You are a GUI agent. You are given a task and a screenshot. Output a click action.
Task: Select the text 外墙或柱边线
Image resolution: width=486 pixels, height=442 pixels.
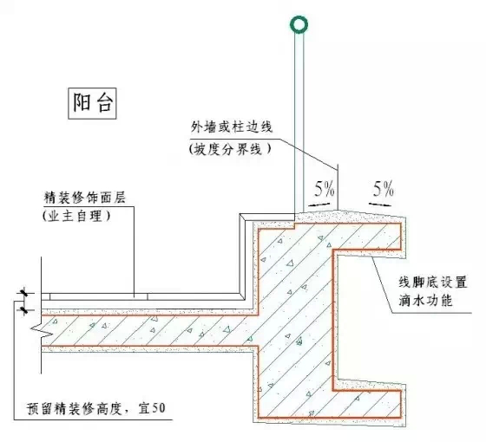[233, 127]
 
